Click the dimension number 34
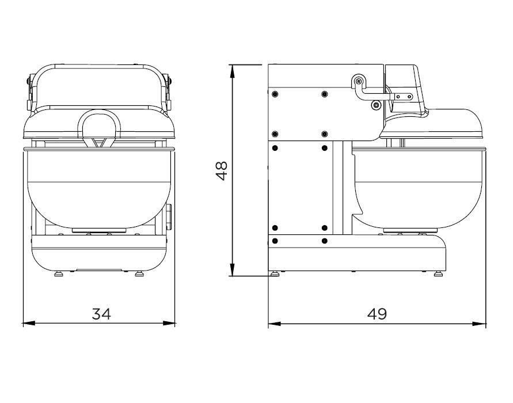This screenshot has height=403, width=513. [x=101, y=314]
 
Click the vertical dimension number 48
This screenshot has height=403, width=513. [x=222, y=170]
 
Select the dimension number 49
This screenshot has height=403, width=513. [x=377, y=314]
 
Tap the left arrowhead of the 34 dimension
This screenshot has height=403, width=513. [x=29, y=324]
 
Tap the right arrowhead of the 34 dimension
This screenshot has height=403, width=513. [x=169, y=324]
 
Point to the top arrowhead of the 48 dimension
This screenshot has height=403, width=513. [x=232, y=71]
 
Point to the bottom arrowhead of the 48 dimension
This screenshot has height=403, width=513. [x=232, y=270]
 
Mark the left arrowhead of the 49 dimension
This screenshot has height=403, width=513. [x=275, y=324]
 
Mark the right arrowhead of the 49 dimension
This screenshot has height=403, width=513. [x=480, y=324]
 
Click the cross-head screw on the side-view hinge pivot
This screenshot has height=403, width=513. [x=359, y=81]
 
